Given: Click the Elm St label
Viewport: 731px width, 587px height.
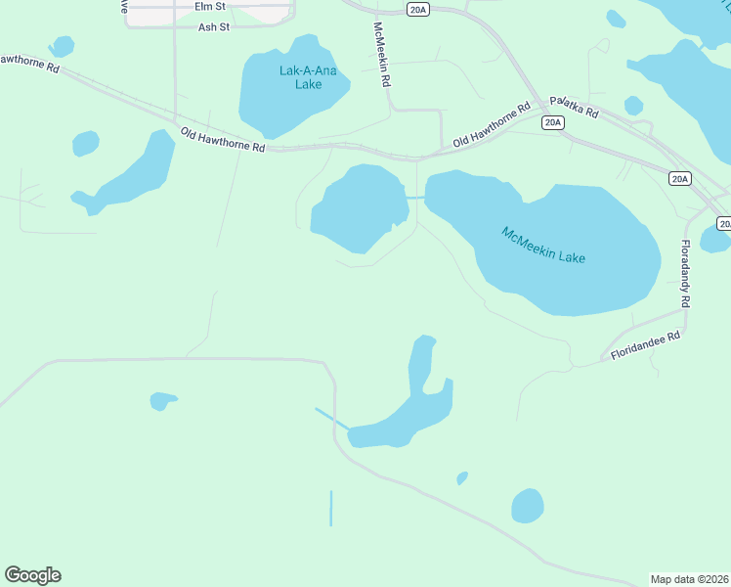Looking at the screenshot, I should (x=209, y=6).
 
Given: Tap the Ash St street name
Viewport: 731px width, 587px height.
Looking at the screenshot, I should (x=213, y=27).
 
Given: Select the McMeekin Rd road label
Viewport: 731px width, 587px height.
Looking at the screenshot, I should (x=382, y=55).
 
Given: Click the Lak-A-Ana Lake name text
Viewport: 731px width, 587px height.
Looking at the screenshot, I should (x=300, y=77).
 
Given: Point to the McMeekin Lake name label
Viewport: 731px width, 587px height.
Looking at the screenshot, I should (x=543, y=245).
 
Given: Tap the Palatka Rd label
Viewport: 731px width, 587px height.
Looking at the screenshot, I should (x=574, y=107).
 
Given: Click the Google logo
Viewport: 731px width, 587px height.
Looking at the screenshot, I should (x=32, y=575).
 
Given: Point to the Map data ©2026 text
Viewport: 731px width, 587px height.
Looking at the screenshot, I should (x=689, y=579).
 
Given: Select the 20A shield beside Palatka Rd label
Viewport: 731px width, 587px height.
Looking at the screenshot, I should (x=553, y=122).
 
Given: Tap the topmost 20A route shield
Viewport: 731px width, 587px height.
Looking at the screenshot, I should (x=418, y=9).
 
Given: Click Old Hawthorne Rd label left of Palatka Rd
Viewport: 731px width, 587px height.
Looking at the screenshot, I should (x=492, y=126).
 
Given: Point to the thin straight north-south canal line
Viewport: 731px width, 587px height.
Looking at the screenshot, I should (x=331, y=508).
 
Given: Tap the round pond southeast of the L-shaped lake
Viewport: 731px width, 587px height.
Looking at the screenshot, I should (x=527, y=506).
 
